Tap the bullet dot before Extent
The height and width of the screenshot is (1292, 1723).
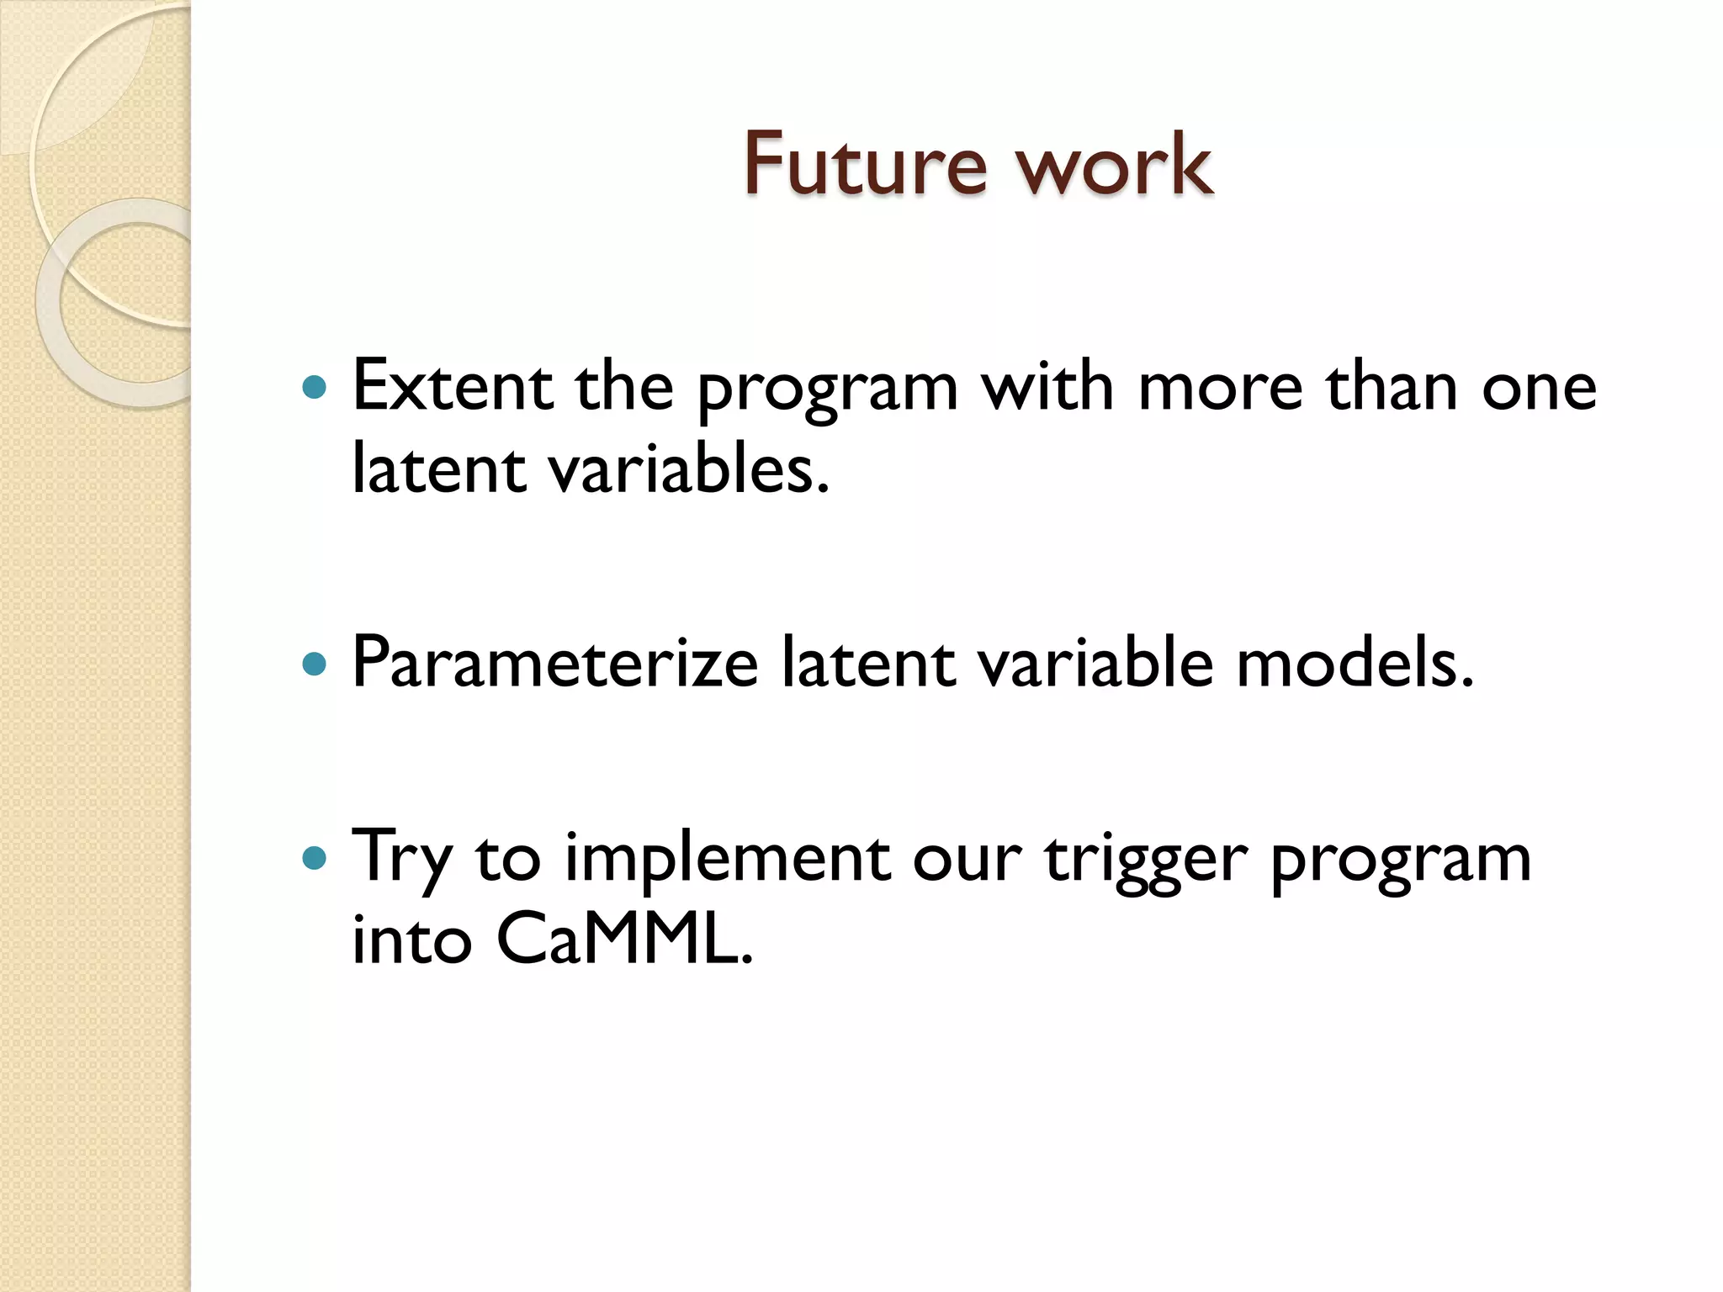[314, 388]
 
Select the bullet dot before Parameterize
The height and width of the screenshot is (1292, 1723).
[314, 665]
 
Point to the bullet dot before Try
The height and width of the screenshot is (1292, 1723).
[314, 858]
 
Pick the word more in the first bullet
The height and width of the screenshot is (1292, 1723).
[1220, 388]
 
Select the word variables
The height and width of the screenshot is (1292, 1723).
[689, 469]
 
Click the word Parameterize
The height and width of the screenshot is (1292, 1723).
[555, 665]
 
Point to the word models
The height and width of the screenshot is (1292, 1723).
[1355, 663]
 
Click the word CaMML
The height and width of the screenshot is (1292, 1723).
[623, 939]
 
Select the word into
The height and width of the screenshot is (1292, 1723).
[411, 939]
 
